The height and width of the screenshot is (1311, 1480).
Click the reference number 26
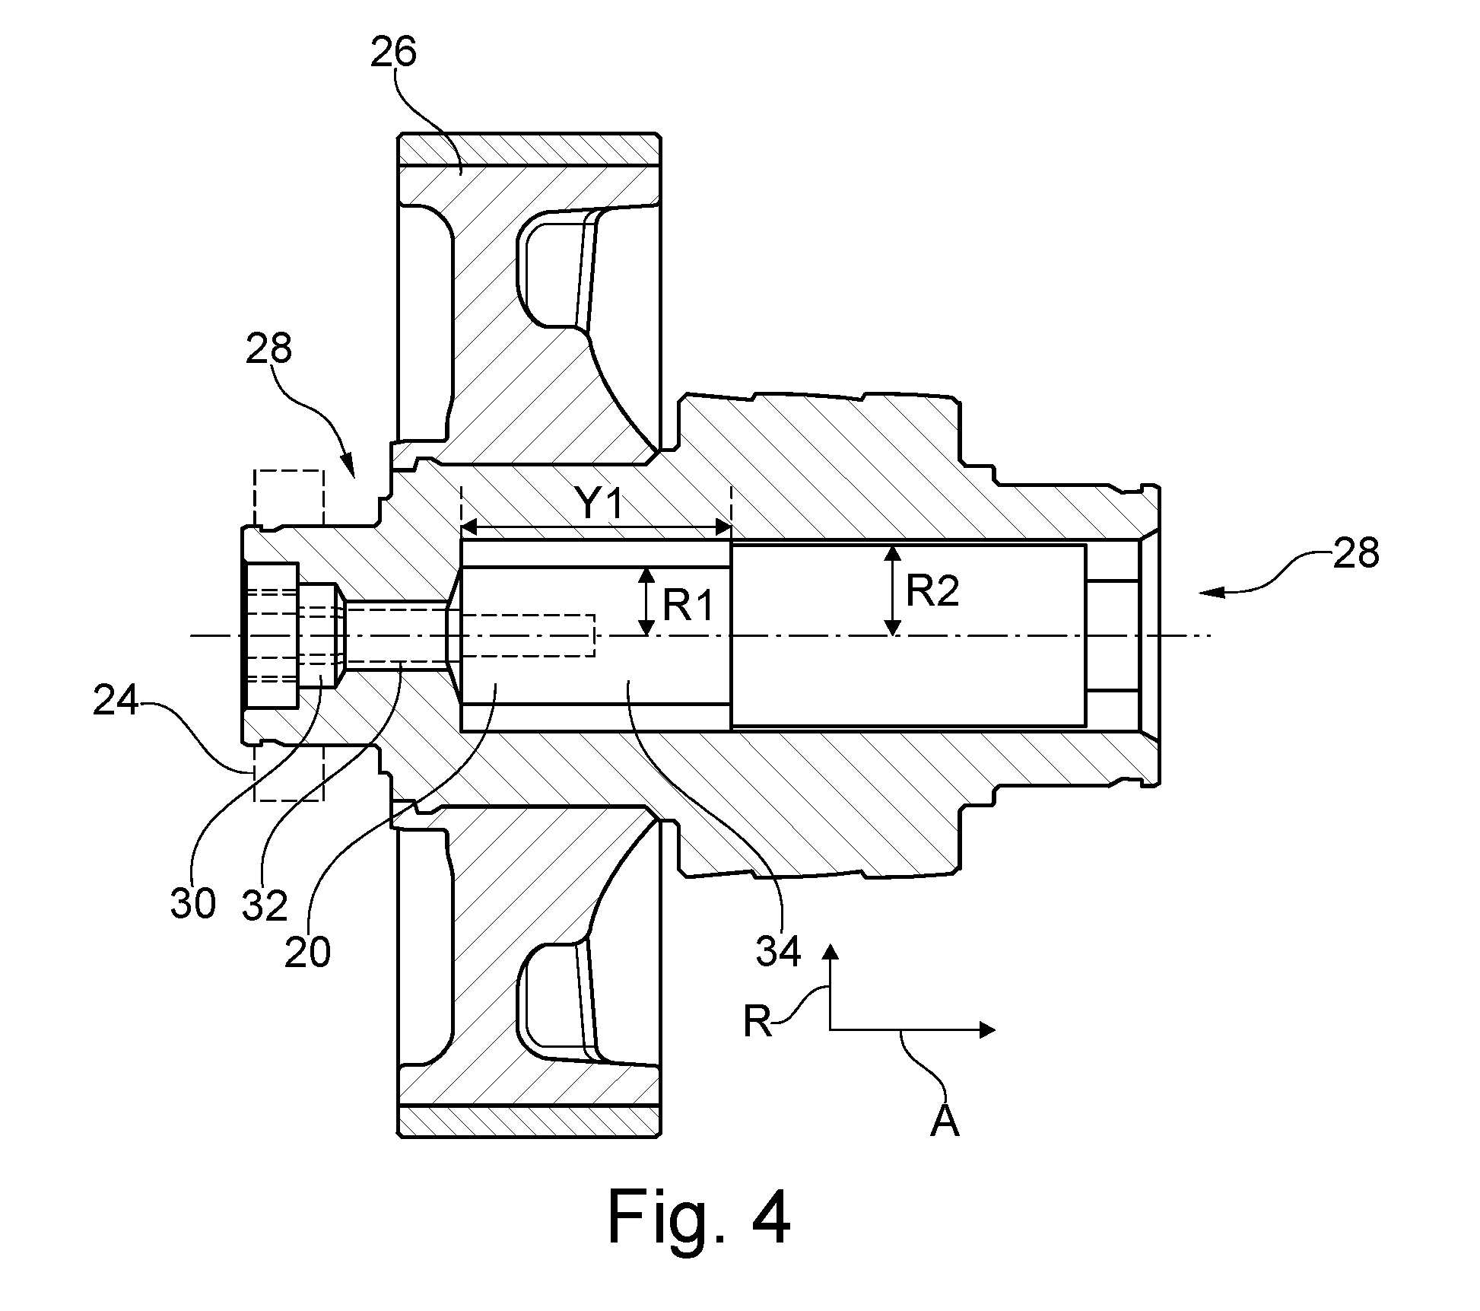[393, 54]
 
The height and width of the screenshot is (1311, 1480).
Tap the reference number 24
[116, 702]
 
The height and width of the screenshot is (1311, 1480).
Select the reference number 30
[193, 903]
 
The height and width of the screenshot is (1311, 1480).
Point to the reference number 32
[265, 905]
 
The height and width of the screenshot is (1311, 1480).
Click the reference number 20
[307, 952]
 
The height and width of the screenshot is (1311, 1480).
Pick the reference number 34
[778, 950]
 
